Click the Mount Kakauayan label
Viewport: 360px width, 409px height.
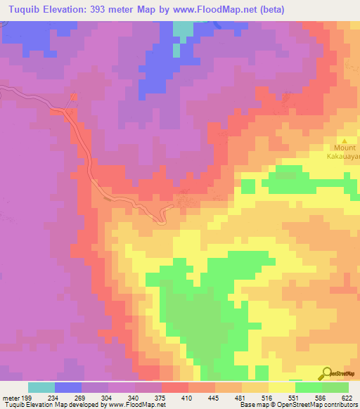click(345, 152)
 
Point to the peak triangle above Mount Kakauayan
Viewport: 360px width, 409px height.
click(345, 140)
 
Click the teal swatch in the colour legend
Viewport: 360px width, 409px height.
click(41, 387)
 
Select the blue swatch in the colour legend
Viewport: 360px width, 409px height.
click(68, 387)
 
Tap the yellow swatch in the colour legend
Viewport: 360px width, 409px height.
click(281, 387)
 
